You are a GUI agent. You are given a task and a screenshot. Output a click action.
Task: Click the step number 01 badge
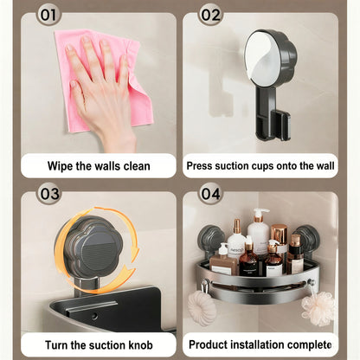48,15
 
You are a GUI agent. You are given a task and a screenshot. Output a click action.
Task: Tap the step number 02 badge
210,15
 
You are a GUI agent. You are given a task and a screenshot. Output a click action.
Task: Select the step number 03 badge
48,194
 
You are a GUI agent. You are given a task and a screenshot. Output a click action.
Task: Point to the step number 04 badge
210,194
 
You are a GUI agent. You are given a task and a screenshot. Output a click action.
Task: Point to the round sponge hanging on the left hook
202,308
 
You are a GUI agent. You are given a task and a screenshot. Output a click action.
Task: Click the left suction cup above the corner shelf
211,239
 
